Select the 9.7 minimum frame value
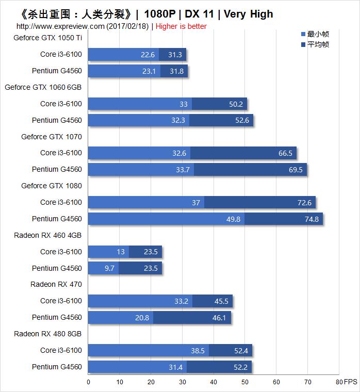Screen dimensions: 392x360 [110, 268]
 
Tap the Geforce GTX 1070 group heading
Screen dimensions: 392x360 [51, 137]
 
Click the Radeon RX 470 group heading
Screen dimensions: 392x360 [56, 284]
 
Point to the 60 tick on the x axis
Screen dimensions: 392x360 [276, 382]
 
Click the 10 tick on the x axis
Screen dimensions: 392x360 [120, 382]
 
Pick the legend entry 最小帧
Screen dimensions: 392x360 [318, 34]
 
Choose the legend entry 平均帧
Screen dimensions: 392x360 [318, 44]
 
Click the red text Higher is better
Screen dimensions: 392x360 [181, 26]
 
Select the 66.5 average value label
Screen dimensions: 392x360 [285, 153]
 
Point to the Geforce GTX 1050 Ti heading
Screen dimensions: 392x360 [47, 38]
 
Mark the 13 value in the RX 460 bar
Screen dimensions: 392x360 [121, 252]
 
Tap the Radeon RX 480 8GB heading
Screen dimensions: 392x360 [47, 334]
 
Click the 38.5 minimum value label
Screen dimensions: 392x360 [199, 351]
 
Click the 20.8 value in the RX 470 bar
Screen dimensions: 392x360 [142, 318]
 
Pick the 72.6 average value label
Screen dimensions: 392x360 [304, 203]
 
